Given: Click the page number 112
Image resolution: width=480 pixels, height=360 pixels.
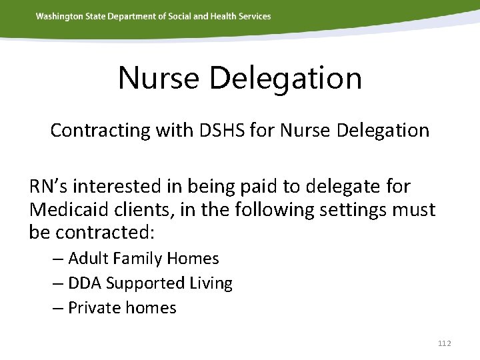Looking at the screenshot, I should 445,343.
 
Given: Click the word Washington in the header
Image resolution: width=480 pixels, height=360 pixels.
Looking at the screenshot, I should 59,16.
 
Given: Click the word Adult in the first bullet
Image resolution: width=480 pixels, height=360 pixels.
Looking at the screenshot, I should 88,259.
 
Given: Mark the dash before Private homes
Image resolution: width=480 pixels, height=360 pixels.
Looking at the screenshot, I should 58,308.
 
